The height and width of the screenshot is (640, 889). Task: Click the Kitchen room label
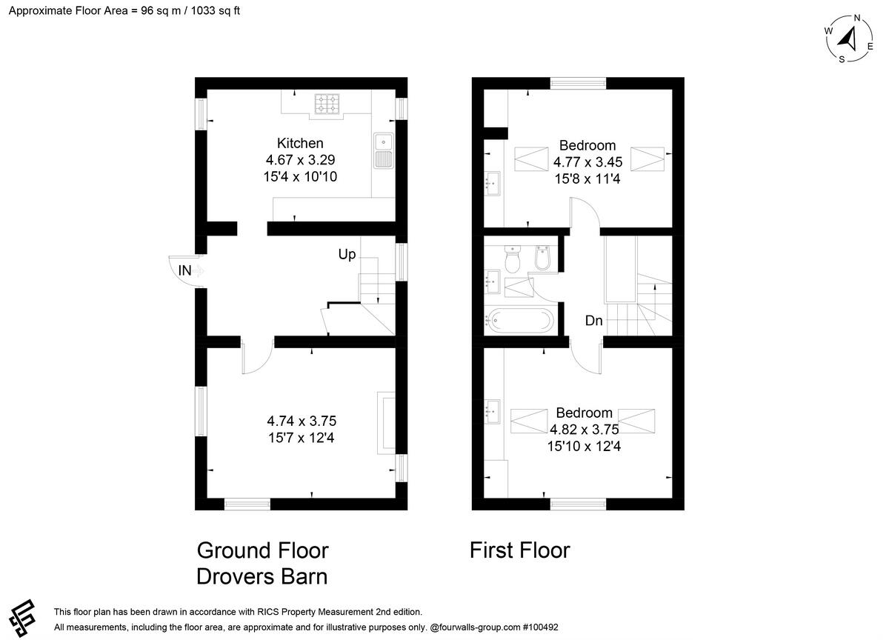point(300,143)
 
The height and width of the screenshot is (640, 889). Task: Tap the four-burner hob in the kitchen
point(327,104)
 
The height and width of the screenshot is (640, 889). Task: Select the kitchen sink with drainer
point(384,150)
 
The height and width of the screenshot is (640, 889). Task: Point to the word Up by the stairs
point(347,254)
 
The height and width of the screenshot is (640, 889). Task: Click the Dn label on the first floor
point(593,321)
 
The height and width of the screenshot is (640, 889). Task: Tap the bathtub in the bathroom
point(520,320)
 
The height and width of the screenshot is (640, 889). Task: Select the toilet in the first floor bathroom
point(513,259)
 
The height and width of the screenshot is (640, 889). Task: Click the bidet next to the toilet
point(542,258)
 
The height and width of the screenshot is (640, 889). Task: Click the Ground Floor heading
point(263,550)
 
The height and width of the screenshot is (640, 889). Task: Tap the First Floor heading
point(520,550)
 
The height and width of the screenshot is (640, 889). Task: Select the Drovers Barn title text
point(262,576)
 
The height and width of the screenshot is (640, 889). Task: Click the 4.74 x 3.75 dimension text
point(302,421)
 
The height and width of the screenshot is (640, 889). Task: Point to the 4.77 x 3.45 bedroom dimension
point(587,162)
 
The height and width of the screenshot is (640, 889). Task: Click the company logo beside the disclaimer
point(23,619)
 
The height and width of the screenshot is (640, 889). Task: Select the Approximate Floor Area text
point(124,10)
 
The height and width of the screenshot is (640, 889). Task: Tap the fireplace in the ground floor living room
point(386,423)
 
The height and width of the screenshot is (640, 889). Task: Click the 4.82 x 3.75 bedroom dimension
point(585,430)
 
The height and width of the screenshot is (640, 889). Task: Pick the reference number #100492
point(541,627)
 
